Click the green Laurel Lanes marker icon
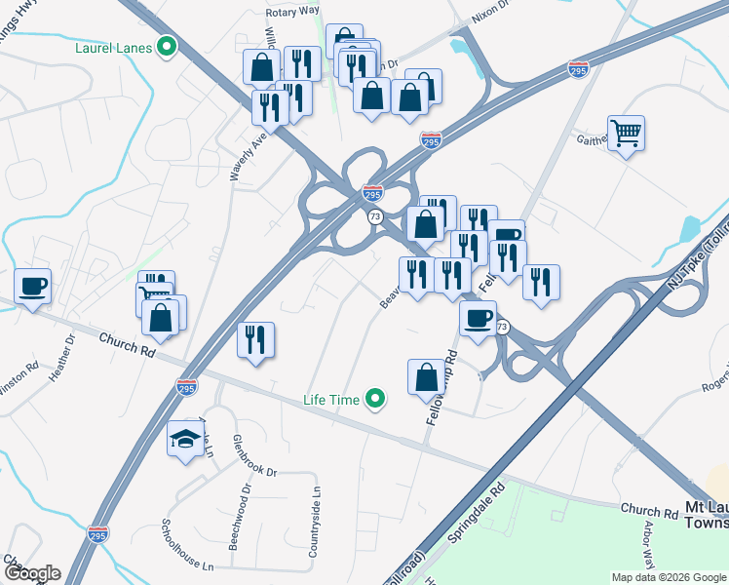pyautogui.click(x=167, y=46)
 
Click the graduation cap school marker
pyautogui.click(x=185, y=441)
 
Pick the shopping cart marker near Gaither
pyautogui.click(x=626, y=134)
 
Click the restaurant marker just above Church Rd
pyautogui.click(x=255, y=340)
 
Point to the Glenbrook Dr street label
pyautogui.click(x=255, y=454)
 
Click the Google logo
pyautogui.click(x=31, y=573)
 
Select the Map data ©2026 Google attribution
pyautogui.click(x=668, y=577)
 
